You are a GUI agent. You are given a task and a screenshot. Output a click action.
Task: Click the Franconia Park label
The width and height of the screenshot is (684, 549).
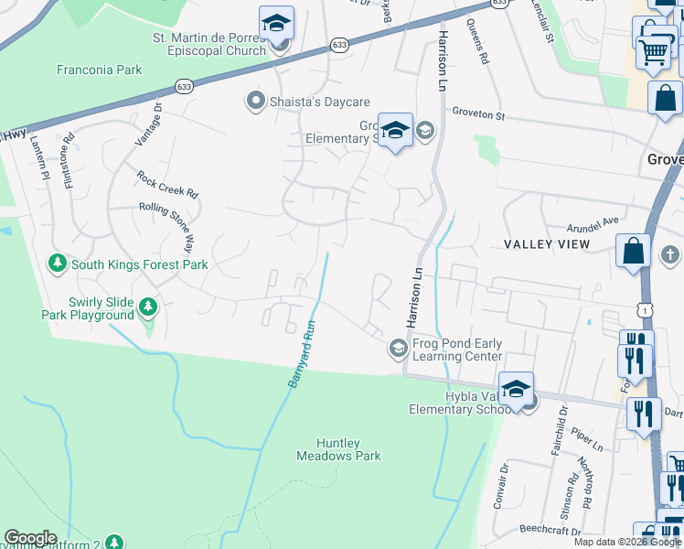pyautogui.click(x=100, y=70)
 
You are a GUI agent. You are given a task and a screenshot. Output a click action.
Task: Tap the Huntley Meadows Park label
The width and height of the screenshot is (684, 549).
pyautogui.click(x=338, y=448)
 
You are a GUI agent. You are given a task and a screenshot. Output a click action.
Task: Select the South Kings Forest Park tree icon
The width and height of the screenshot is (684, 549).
pyautogui.click(x=58, y=264)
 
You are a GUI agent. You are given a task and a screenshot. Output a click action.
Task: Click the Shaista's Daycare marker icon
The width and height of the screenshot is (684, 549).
pyautogui.click(x=255, y=102)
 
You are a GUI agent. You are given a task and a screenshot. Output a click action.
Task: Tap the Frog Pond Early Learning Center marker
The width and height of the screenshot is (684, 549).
pyautogui.click(x=398, y=349)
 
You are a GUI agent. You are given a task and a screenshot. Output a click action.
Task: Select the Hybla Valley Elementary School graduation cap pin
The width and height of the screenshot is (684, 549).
pyautogui.click(x=516, y=388)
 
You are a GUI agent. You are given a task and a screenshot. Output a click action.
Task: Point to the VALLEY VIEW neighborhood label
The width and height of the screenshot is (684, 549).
pyautogui.click(x=547, y=244)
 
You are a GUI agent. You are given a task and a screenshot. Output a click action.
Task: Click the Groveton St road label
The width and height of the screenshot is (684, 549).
pyautogui.click(x=478, y=114)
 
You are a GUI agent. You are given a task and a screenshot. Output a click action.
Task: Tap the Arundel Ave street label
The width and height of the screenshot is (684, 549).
pyautogui.click(x=593, y=221)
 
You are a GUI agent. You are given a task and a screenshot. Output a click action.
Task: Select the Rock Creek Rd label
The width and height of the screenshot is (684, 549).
pyautogui.click(x=167, y=184)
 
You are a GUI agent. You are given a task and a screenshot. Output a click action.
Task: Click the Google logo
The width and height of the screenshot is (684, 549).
pyautogui.click(x=30, y=538)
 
